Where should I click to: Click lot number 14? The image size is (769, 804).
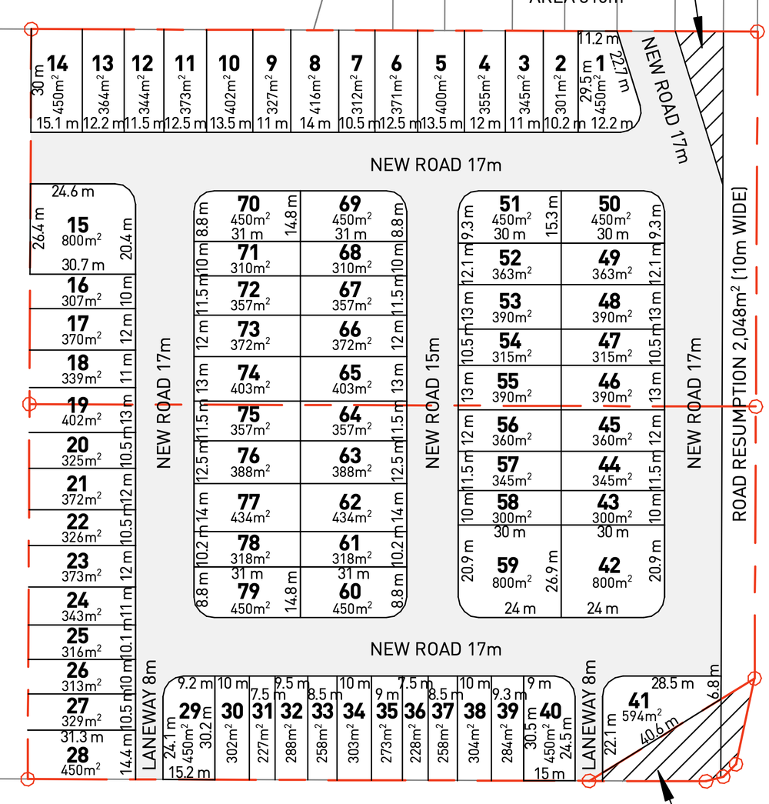(57, 64)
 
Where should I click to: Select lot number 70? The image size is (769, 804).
(248, 204)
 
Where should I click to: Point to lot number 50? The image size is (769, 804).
(609, 204)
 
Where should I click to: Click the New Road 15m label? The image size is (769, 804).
(433, 402)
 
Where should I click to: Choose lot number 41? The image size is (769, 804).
(639, 701)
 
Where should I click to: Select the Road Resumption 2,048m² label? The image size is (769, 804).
(740, 353)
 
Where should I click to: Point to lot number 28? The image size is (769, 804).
(78, 755)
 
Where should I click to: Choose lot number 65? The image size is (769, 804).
(350, 374)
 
